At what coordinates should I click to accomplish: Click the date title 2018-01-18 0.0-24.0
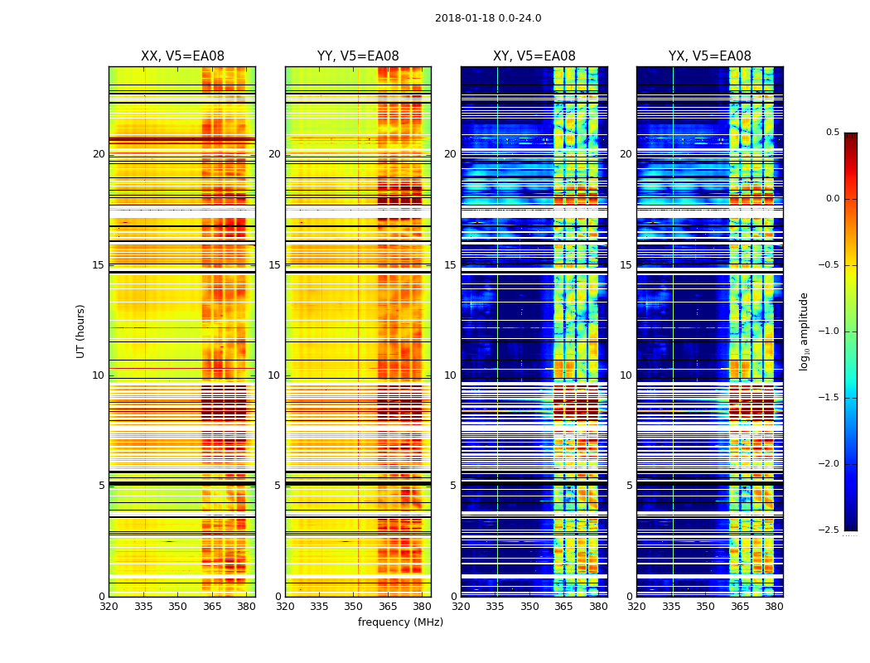point(488,18)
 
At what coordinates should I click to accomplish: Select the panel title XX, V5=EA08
point(182,56)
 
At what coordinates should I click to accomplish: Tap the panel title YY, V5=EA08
point(358,56)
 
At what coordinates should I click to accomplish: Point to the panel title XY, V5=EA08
point(534,56)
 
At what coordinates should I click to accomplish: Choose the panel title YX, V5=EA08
point(710,56)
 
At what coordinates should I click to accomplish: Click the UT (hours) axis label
point(80,331)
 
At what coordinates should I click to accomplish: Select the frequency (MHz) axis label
point(400,622)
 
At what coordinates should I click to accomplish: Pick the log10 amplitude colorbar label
point(804,331)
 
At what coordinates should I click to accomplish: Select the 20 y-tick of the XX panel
point(99,154)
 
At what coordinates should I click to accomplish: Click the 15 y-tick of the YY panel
point(275,265)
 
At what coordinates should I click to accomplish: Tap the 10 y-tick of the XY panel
point(450,375)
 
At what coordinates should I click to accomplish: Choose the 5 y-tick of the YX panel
point(629,486)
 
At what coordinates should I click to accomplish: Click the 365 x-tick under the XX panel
point(212,607)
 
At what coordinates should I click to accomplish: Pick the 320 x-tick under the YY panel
point(285,607)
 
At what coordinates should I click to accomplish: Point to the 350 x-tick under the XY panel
point(529,607)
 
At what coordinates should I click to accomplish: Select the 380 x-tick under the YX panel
point(774,607)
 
